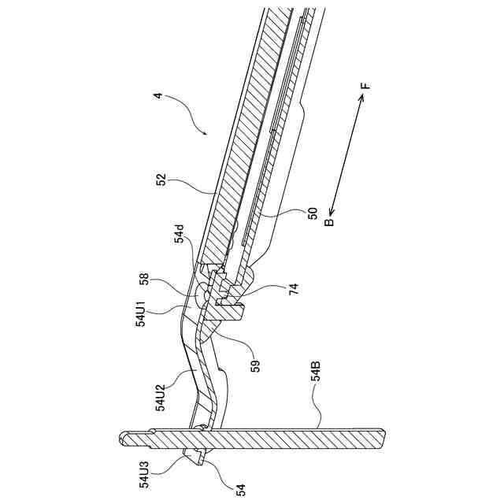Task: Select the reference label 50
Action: pyautogui.click(x=313, y=213)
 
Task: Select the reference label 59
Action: pyautogui.click(x=255, y=365)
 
